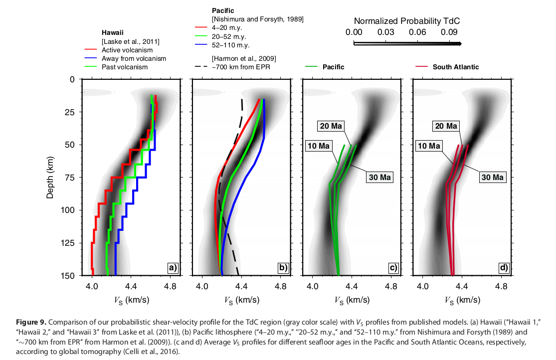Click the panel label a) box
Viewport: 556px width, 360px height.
173,268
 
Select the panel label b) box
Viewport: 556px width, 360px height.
283,268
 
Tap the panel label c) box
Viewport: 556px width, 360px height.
393,268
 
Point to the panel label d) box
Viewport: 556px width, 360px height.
503,268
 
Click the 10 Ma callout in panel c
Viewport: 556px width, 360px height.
319,146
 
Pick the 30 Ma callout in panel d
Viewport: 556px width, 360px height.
492,177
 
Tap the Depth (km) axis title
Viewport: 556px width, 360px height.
50,177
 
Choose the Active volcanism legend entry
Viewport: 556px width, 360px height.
127,50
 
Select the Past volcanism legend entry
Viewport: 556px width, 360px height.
124,67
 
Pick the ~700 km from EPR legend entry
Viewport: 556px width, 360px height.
241,67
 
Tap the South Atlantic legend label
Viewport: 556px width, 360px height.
456,67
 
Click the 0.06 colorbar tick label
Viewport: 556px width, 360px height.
417,32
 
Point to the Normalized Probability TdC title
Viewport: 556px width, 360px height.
406,21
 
